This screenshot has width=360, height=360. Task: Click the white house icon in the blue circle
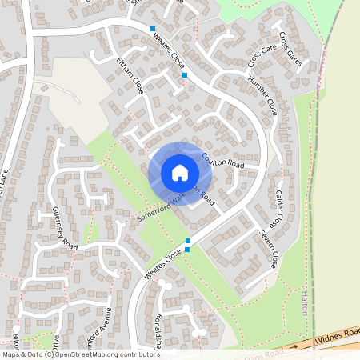[x=180, y=173]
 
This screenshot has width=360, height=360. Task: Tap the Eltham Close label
[x=128, y=75]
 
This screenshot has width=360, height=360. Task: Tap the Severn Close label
[x=268, y=247]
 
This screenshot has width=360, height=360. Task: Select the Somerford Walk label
[x=161, y=206]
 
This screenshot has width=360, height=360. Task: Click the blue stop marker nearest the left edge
[x=152, y=30]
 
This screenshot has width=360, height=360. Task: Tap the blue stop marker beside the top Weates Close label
[x=185, y=75]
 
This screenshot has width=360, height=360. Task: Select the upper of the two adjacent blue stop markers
[x=188, y=241]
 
